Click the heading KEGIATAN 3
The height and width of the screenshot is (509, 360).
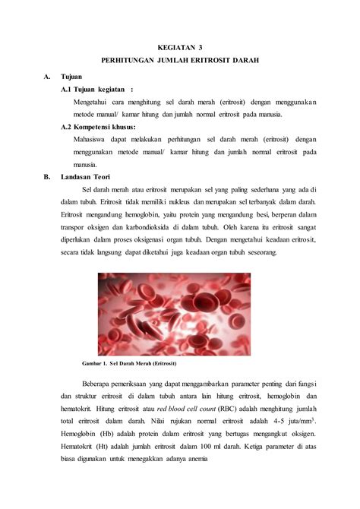click(179, 46)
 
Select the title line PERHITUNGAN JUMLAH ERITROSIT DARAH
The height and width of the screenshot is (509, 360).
click(179, 59)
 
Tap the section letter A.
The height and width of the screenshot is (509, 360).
click(47, 77)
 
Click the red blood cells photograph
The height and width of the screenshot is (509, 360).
click(174, 314)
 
